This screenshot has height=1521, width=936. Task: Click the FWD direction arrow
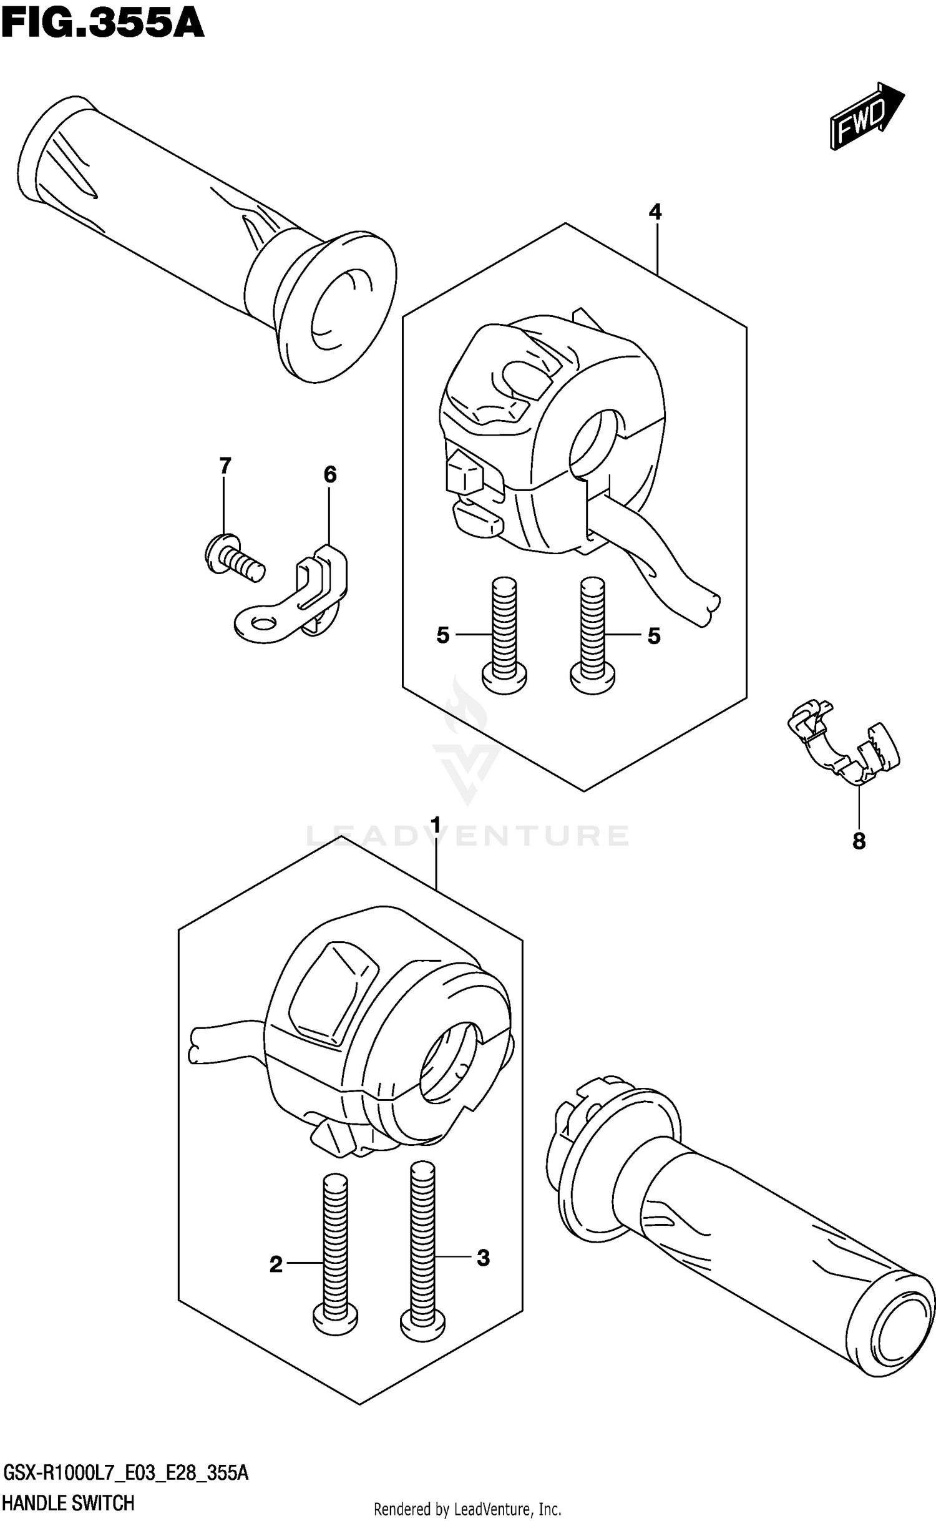[x=866, y=117]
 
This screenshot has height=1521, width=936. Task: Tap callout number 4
[x=655, y=212]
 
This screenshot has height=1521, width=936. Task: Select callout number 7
[x=225, y=466]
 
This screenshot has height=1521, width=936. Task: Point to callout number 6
[x=330, y=475]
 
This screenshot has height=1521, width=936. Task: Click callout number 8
[x=859, y=842]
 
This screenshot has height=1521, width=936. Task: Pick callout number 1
[x=436, y=825]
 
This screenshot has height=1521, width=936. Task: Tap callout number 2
[x=276, y=1265]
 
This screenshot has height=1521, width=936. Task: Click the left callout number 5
[x=442, y=636]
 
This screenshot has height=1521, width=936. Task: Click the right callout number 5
[x=653, y=636]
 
